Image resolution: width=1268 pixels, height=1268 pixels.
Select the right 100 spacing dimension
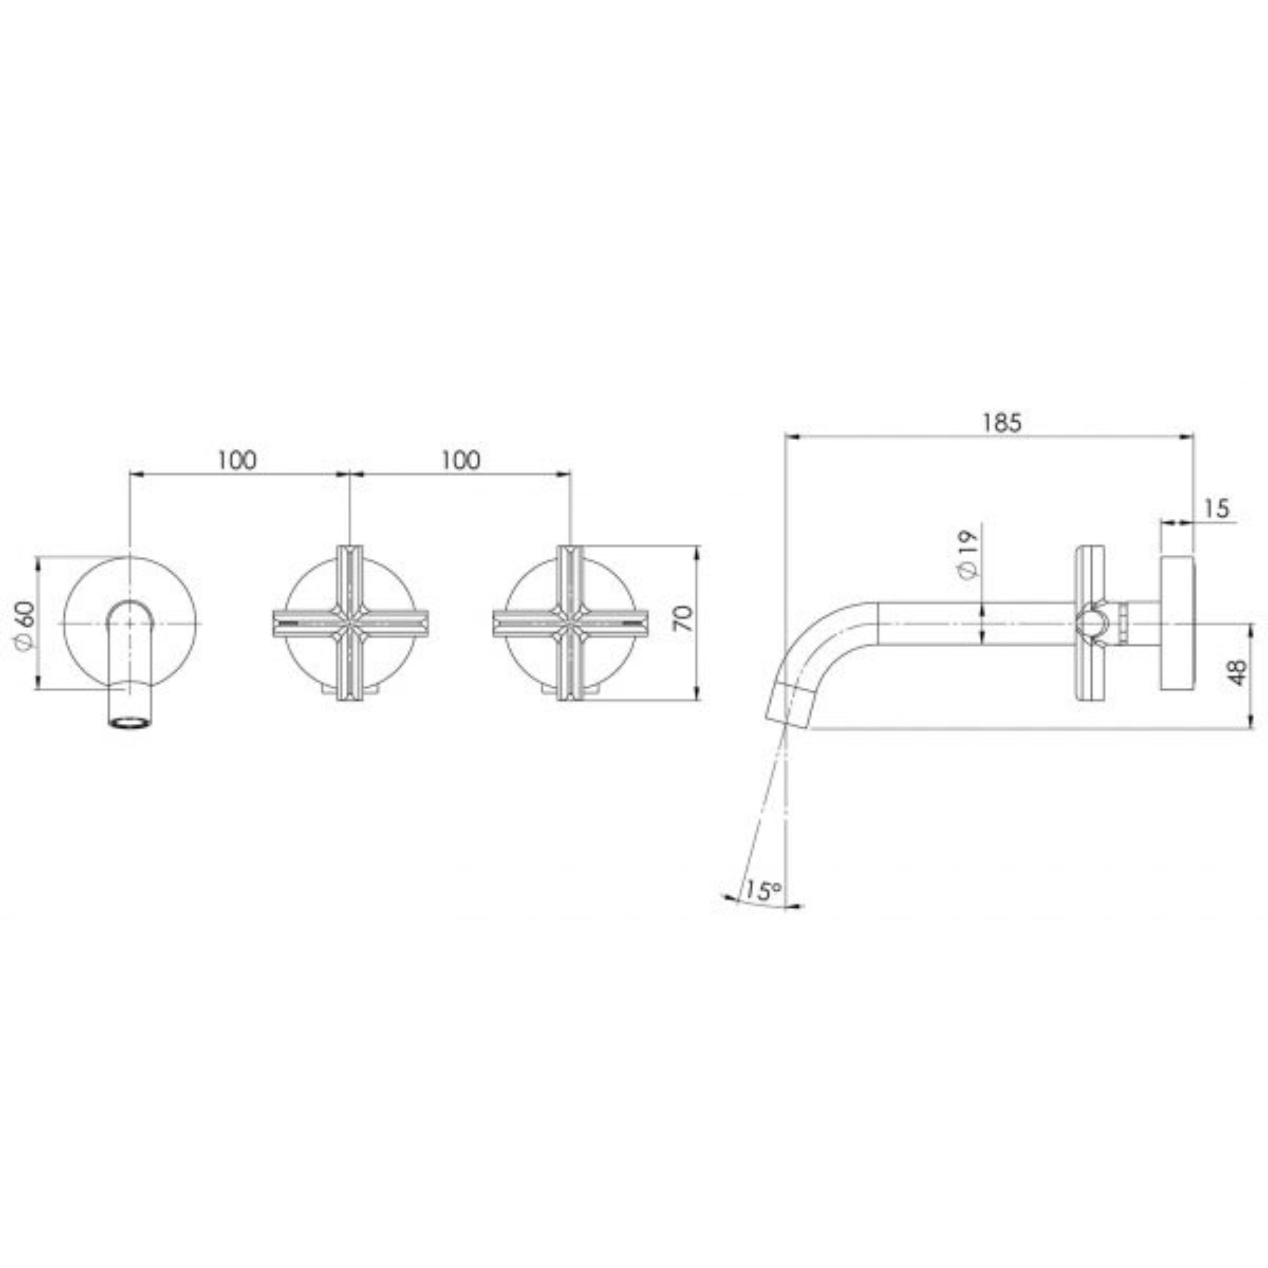(461, 461)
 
